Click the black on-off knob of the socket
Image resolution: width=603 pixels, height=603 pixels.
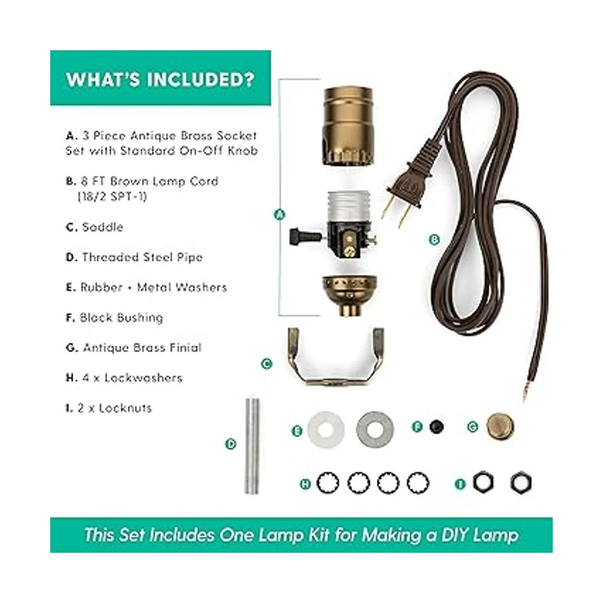(300, 235)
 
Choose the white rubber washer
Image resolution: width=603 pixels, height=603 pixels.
(326, 429)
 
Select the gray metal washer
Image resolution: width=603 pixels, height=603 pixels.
(375, 429)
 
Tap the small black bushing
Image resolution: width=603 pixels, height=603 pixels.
(436, 427)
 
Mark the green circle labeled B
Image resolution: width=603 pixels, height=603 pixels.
(434, 240)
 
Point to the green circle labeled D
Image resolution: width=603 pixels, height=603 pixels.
(231, 444)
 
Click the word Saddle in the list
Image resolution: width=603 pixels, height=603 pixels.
(103, 227)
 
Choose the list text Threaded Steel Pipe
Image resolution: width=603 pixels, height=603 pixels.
(143, 257)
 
